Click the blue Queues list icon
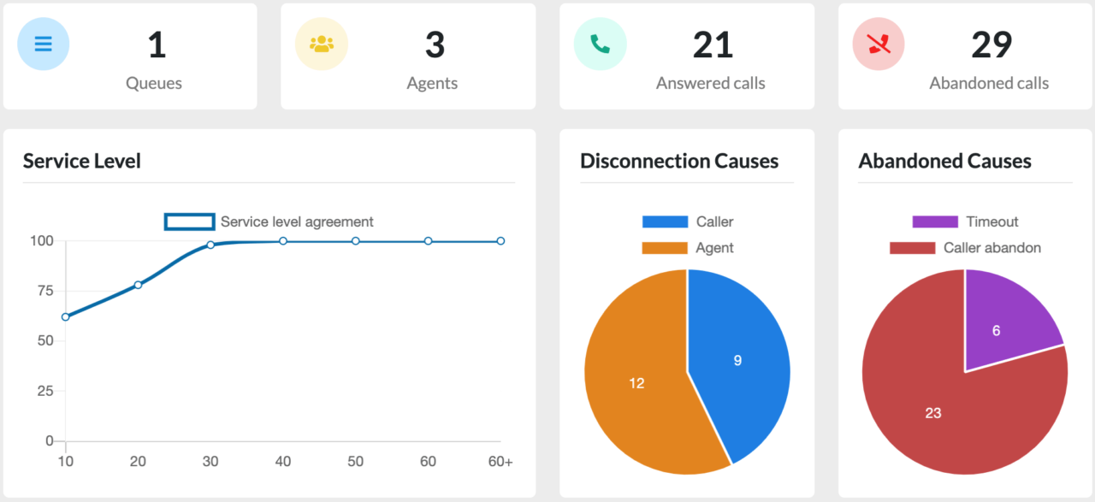44,44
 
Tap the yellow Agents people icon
322,44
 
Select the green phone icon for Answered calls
601,44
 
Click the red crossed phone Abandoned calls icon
879,44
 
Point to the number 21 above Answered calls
713,44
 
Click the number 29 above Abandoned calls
991,44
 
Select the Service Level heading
82,161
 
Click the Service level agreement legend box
189,221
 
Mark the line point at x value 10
65,316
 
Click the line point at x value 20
138,285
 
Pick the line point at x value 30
210,245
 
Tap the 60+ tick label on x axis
500,462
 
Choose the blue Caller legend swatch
665,221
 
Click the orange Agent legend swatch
665,248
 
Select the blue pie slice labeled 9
737,360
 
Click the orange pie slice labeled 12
636,383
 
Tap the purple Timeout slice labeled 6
997,330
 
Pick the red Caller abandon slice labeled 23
933,413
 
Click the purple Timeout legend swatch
935,221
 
